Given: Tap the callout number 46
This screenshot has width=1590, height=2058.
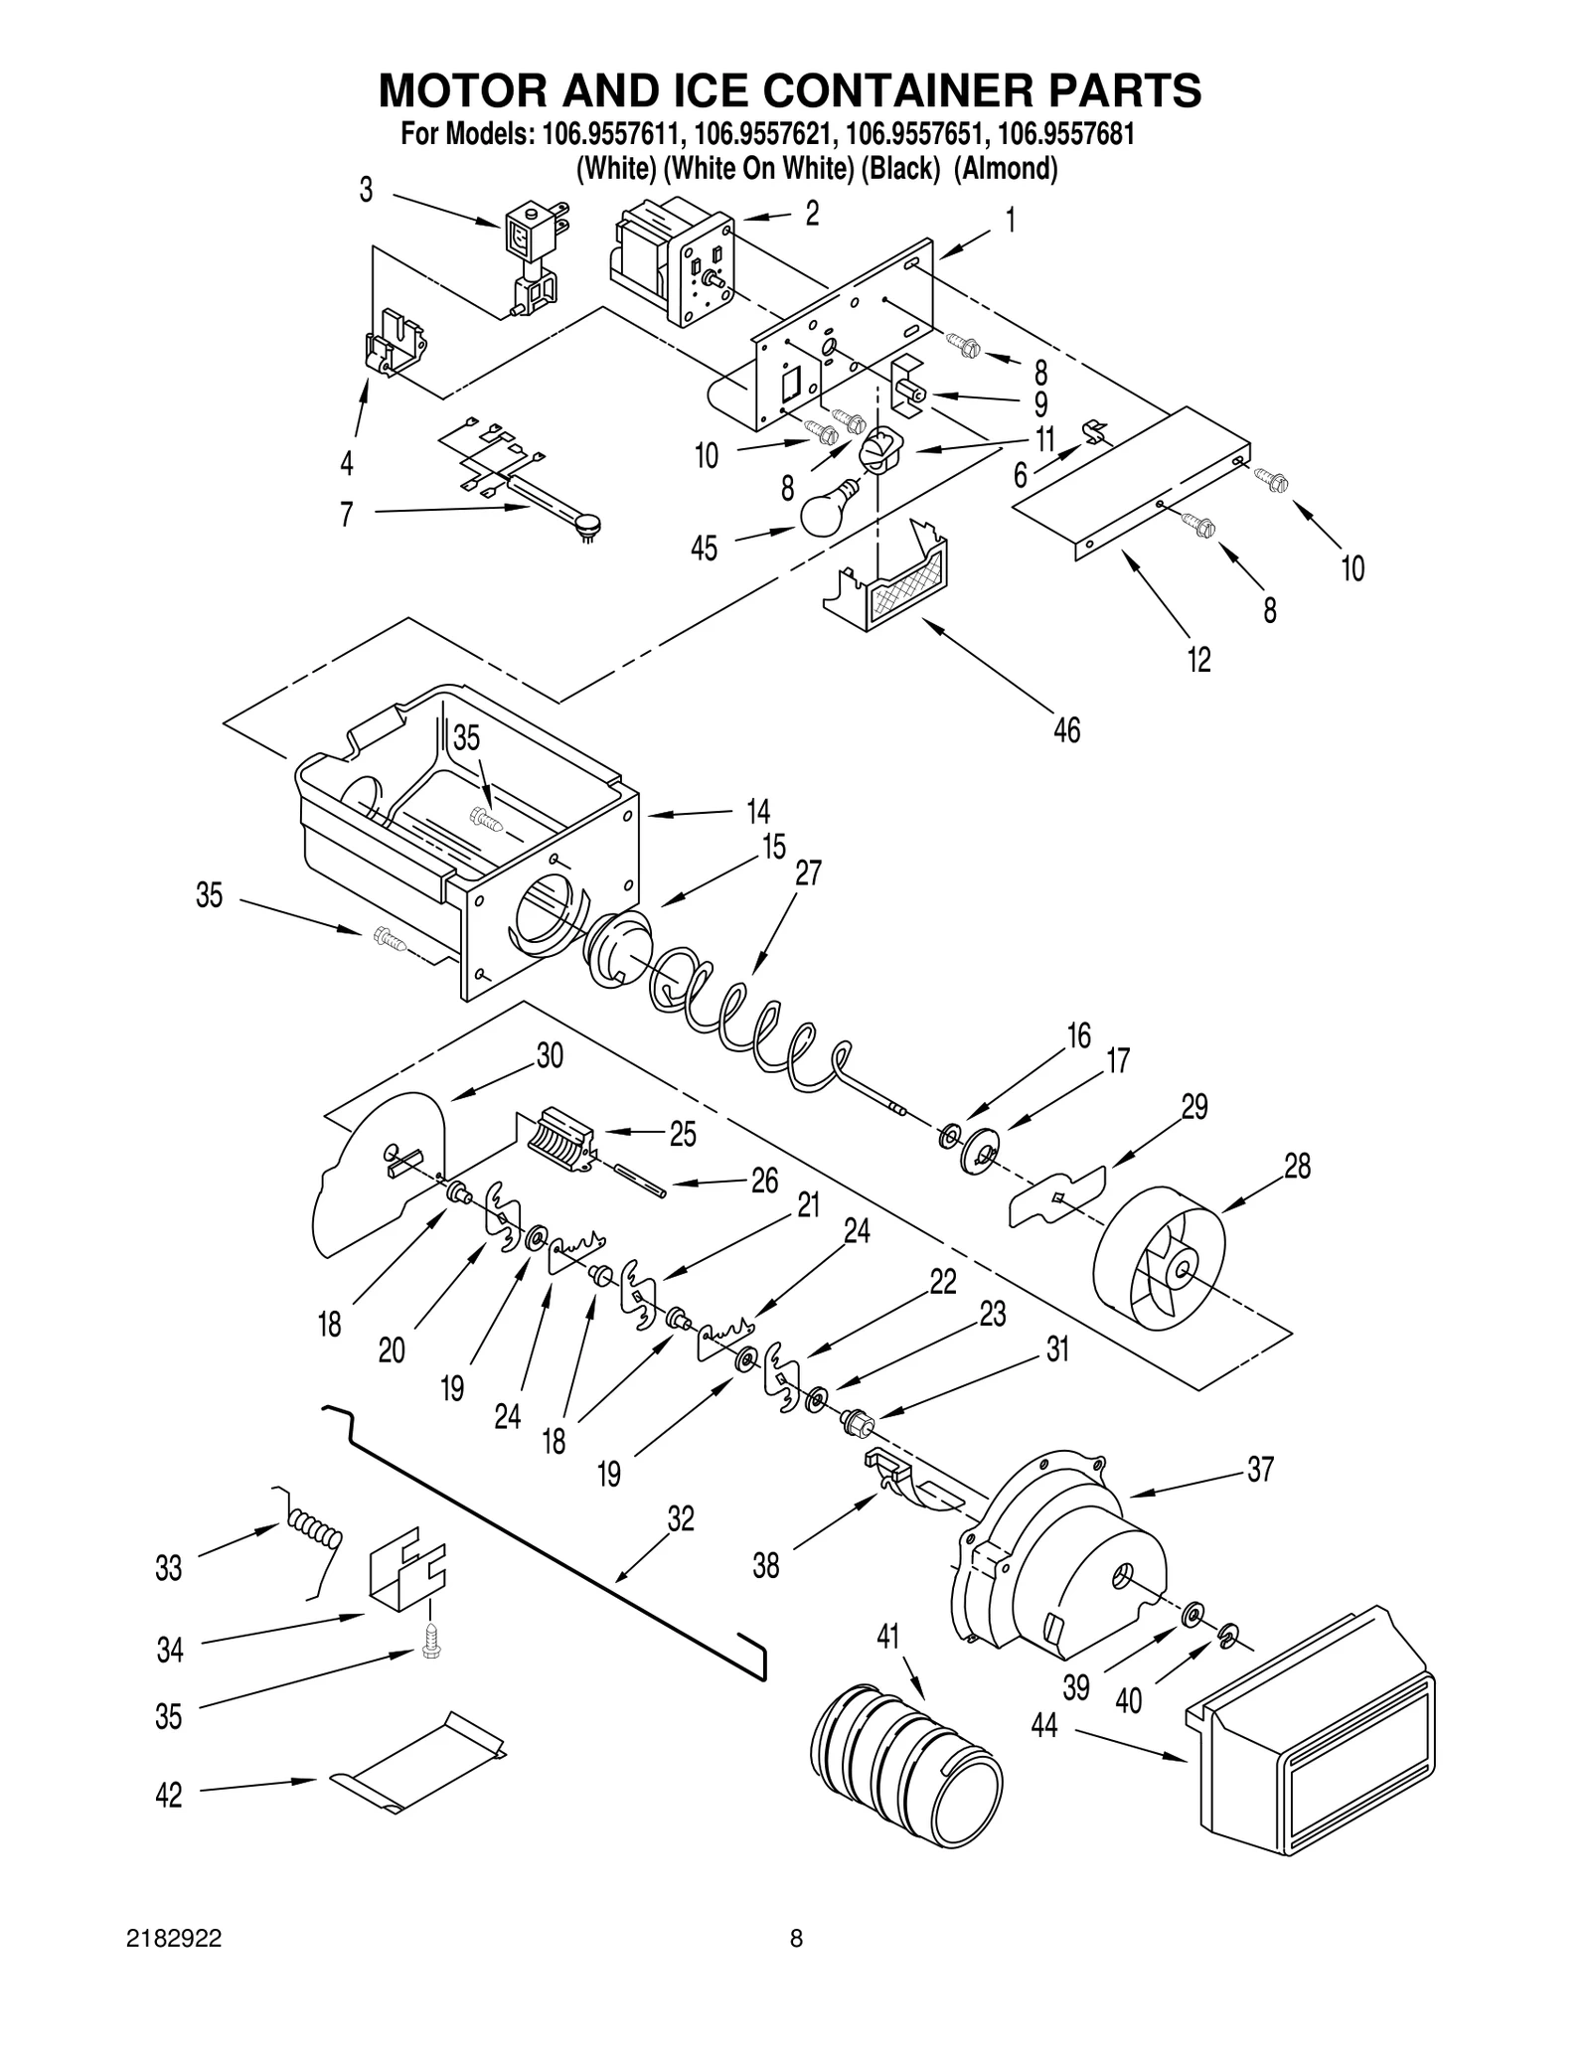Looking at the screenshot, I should click(x=1066, y=730).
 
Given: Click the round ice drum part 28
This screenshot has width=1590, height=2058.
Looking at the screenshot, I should click(x=1160, y=1257).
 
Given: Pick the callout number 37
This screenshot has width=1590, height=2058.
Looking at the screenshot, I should click(x=1260, y=1469).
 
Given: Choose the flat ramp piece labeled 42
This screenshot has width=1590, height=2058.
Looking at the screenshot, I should click(x=417, y=1764).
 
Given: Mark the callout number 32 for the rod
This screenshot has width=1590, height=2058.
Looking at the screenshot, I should click(x=681, y=1518).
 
